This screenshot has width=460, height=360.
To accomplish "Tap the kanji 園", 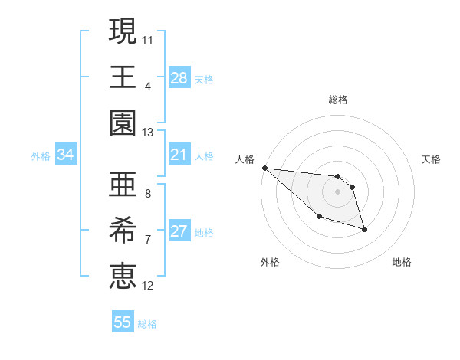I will pos(123,123).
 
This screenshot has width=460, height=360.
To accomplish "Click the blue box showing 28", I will pos(179,77).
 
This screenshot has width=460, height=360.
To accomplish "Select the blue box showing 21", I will pos(179,155).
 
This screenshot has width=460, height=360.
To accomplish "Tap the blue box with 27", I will pos(179,231).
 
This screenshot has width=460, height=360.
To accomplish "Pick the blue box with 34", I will pos(66,155).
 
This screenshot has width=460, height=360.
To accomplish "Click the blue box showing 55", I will pos(123,322).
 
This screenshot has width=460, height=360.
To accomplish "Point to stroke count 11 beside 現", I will pos(148,38).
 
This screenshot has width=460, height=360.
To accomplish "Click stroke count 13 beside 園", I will pos(148,133).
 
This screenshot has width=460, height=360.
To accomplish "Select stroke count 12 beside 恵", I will pos(148,286).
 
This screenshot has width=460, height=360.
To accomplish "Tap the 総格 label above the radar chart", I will pos(338,100).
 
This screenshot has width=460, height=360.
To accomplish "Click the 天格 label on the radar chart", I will pos(431,159).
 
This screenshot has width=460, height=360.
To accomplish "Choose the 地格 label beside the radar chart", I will pos(402,262).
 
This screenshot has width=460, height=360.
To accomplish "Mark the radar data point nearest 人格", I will pos(264,168).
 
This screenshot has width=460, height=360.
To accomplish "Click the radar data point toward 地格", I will pos(364,229).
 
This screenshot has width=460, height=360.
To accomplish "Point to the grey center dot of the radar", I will pos(338,191).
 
